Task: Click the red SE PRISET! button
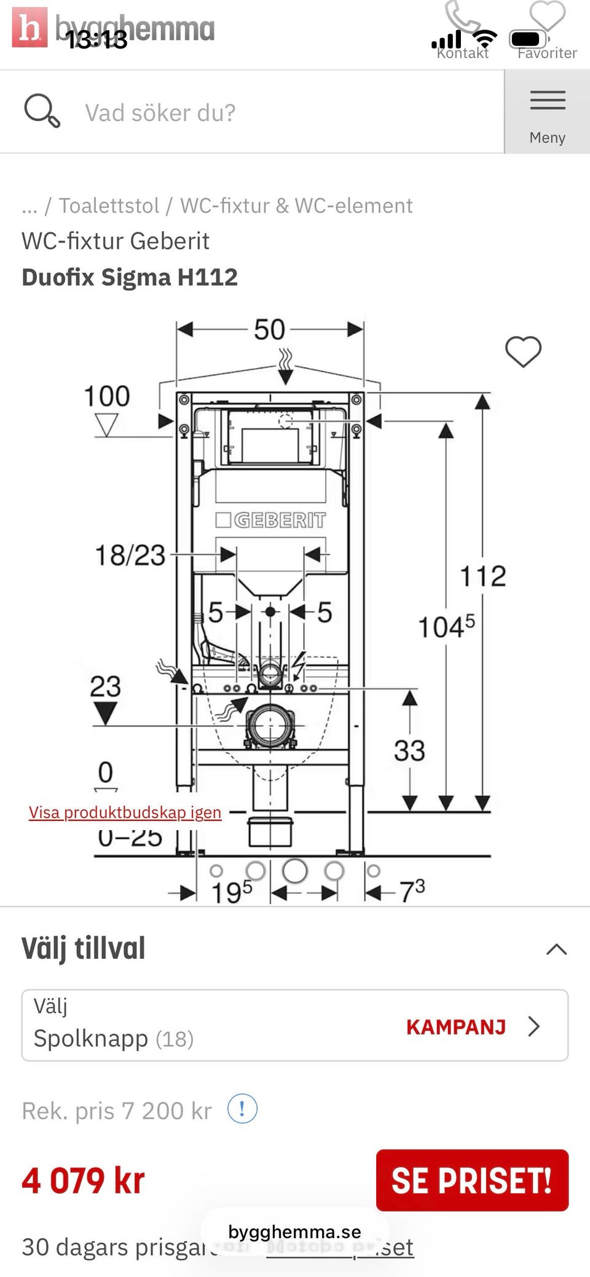point(472,1180)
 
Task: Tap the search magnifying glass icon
point(41,111)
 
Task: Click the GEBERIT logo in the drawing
point(271,520)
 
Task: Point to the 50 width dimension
point(270,330)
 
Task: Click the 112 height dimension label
point(483,576)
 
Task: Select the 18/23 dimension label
point(130,555)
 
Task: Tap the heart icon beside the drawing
point(523,352)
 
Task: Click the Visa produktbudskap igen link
point(125,812)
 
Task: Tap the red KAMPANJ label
point(456,1027)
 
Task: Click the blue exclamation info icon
point(242,1109)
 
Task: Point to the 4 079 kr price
point(84,1181)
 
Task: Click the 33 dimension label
point(409,750)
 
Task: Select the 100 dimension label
point(107,396)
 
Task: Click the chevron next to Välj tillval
point(556,949)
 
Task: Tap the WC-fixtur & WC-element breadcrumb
point(296,205)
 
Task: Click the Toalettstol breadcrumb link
point(109,205)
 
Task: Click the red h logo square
point(29,27)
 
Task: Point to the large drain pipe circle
point(269,725)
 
